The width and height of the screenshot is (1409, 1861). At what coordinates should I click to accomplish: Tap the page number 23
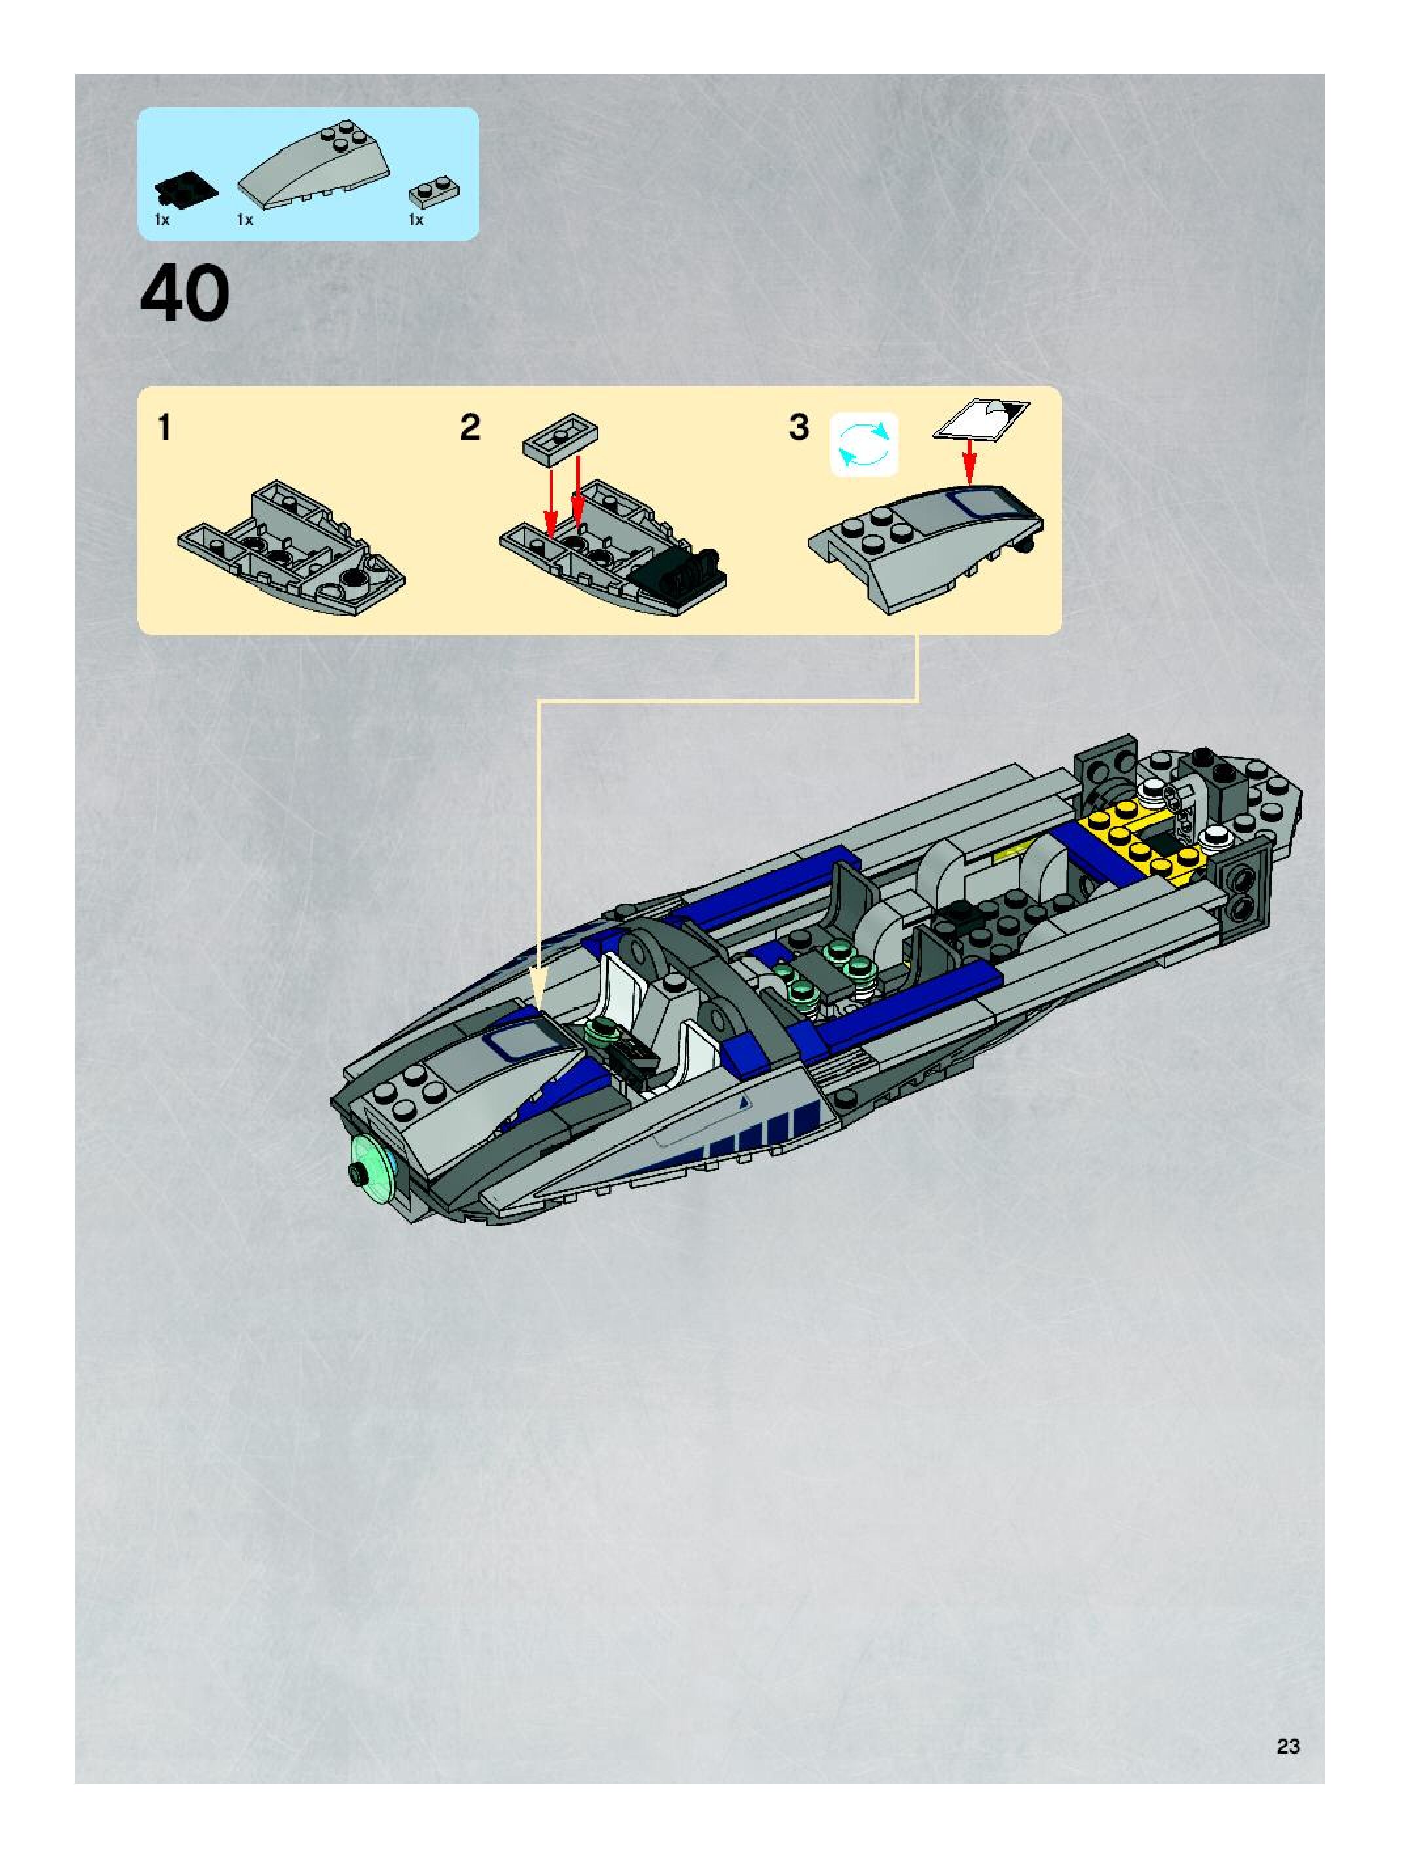(1288, 1746)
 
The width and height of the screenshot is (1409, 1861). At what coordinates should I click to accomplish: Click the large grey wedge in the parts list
(315, 165)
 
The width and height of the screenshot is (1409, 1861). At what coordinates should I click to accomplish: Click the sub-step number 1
(165, 428)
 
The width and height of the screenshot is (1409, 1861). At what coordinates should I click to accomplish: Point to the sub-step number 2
(470, 428)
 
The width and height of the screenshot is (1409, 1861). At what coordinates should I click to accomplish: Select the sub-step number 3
(798, 428)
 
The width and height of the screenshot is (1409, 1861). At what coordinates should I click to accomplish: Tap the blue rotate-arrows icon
(864, 444)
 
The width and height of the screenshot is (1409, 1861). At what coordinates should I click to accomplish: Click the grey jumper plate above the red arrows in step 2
(560, 437)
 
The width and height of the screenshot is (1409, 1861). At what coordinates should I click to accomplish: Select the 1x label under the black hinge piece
(162, 221)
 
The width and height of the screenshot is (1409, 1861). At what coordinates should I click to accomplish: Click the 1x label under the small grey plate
(416, 221)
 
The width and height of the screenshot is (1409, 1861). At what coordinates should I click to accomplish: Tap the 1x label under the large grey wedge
(245, 221)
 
